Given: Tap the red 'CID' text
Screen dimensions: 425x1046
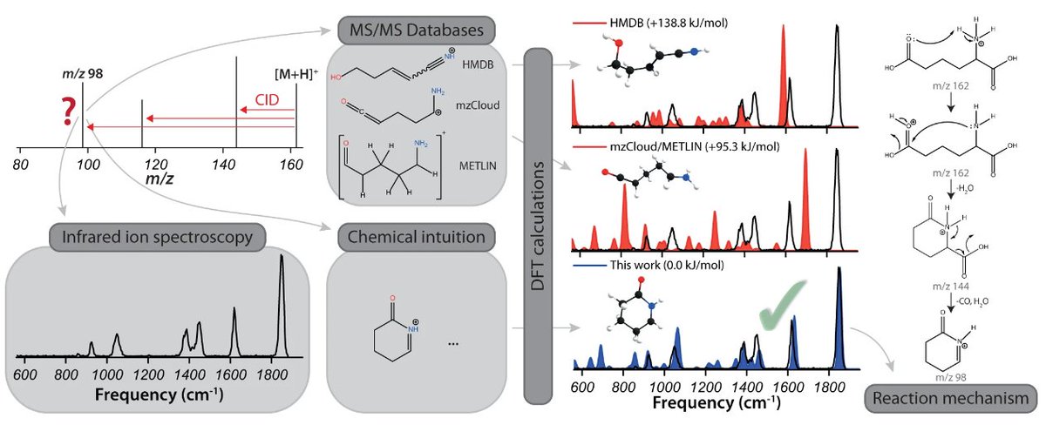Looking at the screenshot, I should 268,100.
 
